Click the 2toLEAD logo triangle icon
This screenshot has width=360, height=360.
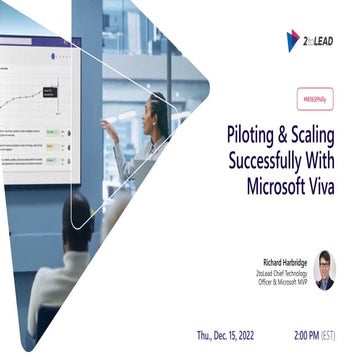(x=293, y=41)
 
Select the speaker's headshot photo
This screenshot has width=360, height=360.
(x=324, y=270)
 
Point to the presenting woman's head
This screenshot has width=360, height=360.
(x=158, y=108)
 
